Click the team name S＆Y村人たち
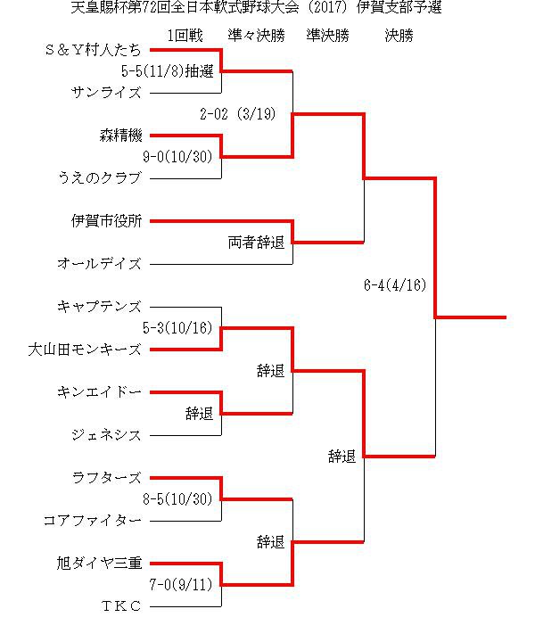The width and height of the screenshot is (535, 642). (x=94, y=50)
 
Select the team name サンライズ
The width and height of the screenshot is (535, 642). (x=106, y=93)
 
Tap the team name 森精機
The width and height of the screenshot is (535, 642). (x=120, y=136)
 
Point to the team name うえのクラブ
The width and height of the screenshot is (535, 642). (x=100, y=178)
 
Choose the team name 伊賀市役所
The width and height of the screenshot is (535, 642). (x=106, y=221)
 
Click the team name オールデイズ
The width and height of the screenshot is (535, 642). (x=100, y=264)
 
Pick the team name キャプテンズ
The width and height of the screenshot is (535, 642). (x=100, y=307)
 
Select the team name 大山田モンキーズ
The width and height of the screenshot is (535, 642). (x=85, y=350)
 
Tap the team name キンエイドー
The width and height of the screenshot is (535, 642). (x=100, y=392)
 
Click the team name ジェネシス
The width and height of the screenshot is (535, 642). (x=106, y=435)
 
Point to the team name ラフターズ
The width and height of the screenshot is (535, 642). (x=106, y=478)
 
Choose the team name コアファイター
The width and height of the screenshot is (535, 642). (x=93, y=521)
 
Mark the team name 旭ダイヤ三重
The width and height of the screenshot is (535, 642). (x=100, y=564)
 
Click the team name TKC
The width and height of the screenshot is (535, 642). (x=121, y=606)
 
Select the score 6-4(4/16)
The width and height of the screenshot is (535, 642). (x=395, y=285)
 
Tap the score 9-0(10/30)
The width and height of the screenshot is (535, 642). (x=177, y=157)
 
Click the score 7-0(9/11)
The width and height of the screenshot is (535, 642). (x=181, y=585)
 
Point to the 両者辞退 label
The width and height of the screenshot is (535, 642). (x=256, y=243)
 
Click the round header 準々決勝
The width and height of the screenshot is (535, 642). (x=256, y=36)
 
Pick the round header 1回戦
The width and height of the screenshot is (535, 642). (x=185, y=36)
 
